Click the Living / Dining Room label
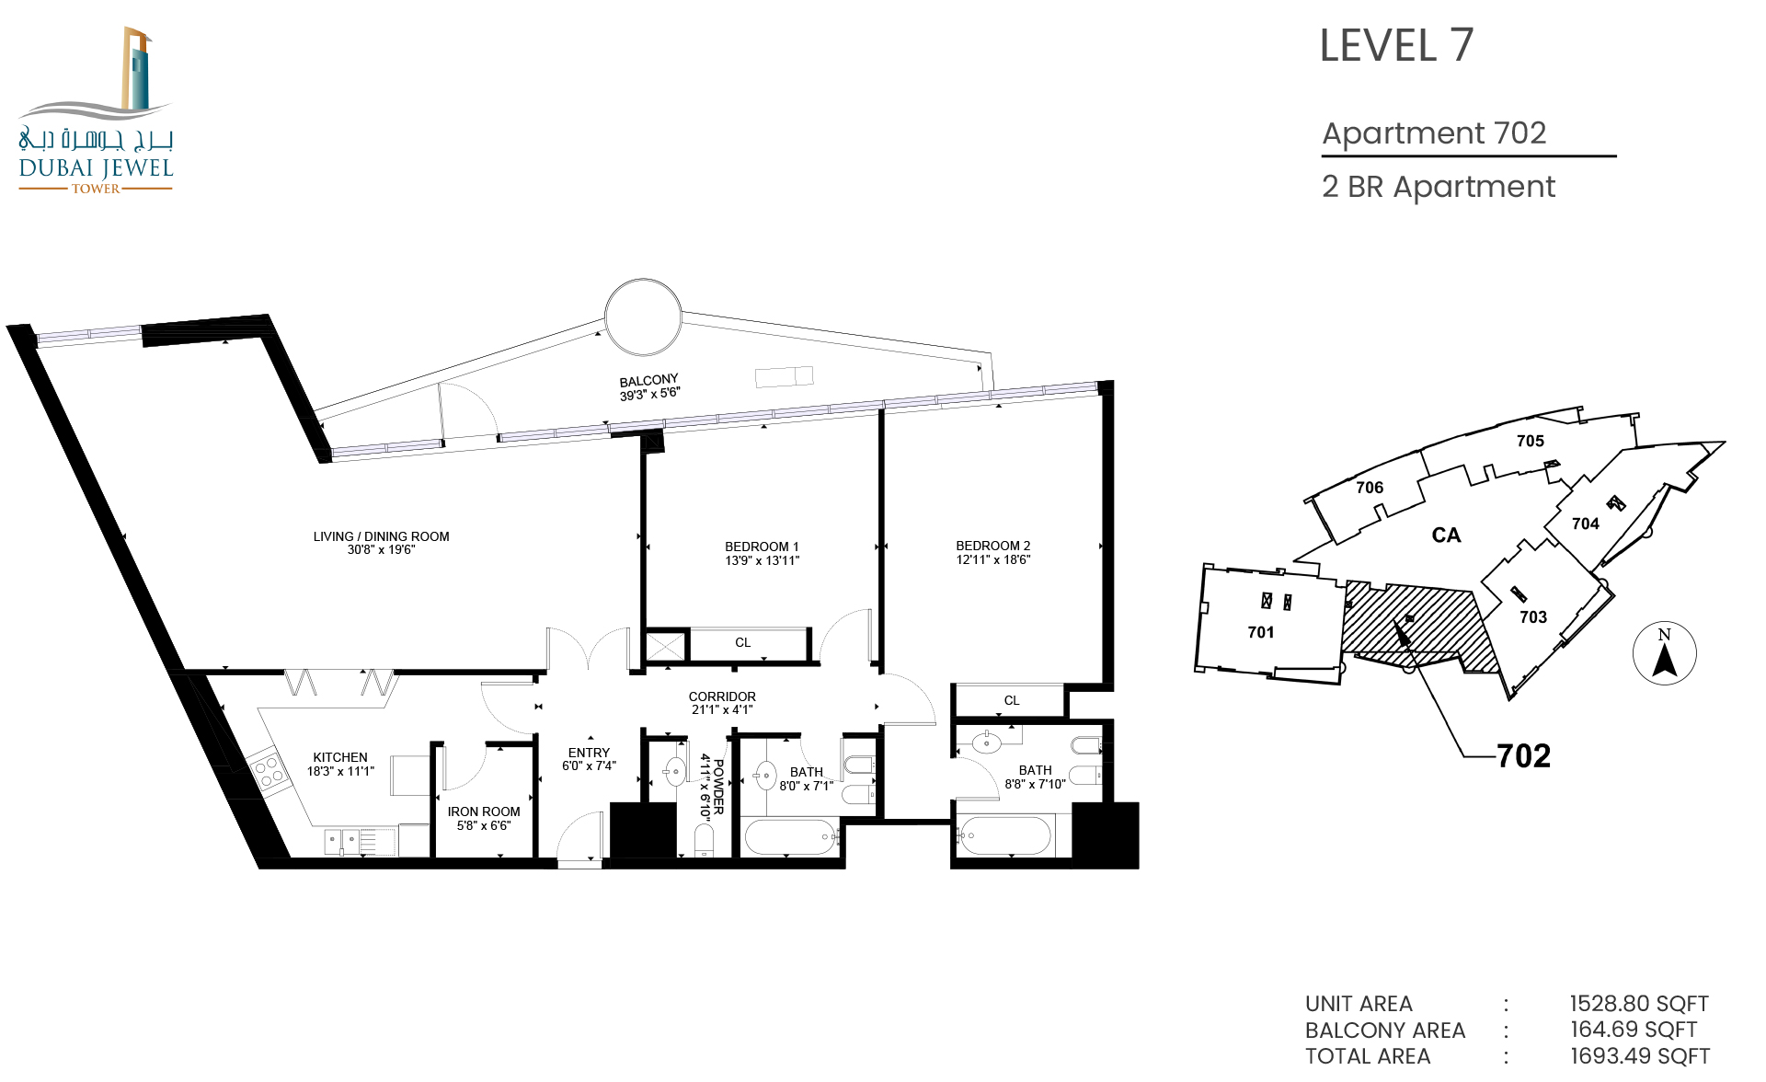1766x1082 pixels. pyautogui.click(x=381, y=536)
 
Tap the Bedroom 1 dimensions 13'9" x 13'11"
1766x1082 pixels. pyautogui.click(x=763, y=560)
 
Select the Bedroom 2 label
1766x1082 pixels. pyautogui.click(x=993, y=546)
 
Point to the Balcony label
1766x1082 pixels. pyautogui.click(x=648, y=381)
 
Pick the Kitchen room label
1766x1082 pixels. pyautogui.click(x=340, y=757)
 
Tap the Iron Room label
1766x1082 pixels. pyautogui.click(x=484, y=811)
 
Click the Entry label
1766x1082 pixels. pyautogui.click(x=589, y=753)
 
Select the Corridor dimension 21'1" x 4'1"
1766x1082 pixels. pyautogui.click(x=722, y=709)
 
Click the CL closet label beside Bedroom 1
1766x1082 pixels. pyautogui.click(x=743, y=642)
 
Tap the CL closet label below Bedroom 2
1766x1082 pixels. pyautogui.click(x=1012, y=700)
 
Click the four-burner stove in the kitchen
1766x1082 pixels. pyautogui.click(x=268, y=771)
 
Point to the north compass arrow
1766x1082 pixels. pyautogui.click(x=1665, y=661)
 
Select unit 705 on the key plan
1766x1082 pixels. pyautogui.click(x=1531, y=441)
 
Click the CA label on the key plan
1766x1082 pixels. pyautogui.click(x=1446, y=535)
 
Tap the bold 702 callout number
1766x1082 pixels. pyautogui.click(x=1524, y=756)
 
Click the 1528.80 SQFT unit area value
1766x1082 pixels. pyautogui.click(x=1639, y=1004)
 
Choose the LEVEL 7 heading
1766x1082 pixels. pyautogui.click(x=1396, y=46)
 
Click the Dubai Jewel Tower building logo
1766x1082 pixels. pyautogui.click(x=96, y=110)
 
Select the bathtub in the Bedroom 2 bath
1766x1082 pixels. pyautogui.click(x=1004, y=836)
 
